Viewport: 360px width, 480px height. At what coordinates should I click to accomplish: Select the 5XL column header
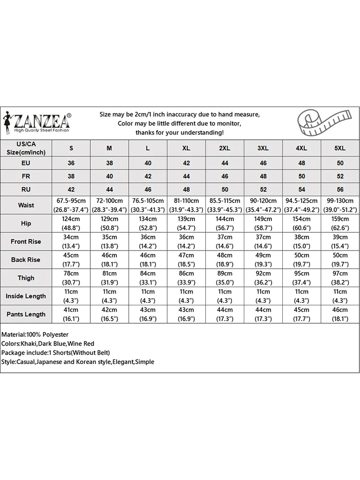point(340,148)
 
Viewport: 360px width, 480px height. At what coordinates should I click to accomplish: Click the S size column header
point(71,148)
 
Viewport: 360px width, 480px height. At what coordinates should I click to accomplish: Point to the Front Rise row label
point(26,241)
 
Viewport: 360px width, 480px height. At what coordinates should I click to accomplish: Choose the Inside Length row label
point(26,296)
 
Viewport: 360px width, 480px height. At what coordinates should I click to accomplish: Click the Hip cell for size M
point(109,223)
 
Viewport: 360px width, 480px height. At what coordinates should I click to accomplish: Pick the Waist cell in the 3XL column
point(263,205)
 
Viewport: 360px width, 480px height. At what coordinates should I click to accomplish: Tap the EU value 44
point(225,163)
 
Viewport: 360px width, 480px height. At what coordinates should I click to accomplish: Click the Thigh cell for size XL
point(186,278)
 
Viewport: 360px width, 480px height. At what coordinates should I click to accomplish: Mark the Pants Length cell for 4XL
point(301,314)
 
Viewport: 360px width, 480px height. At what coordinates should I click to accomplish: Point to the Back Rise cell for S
point(71,260)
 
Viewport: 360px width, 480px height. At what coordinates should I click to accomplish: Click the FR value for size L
point(148,176)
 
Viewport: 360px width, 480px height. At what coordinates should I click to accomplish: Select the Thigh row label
point(26,278)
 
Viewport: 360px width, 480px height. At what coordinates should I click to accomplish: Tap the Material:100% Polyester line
point(35,334)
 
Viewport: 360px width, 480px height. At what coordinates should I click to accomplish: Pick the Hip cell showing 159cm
point(340,223)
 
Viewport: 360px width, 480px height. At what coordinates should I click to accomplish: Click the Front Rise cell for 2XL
point(225,241)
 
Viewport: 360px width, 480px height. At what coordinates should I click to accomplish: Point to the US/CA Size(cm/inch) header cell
point(26,148)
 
